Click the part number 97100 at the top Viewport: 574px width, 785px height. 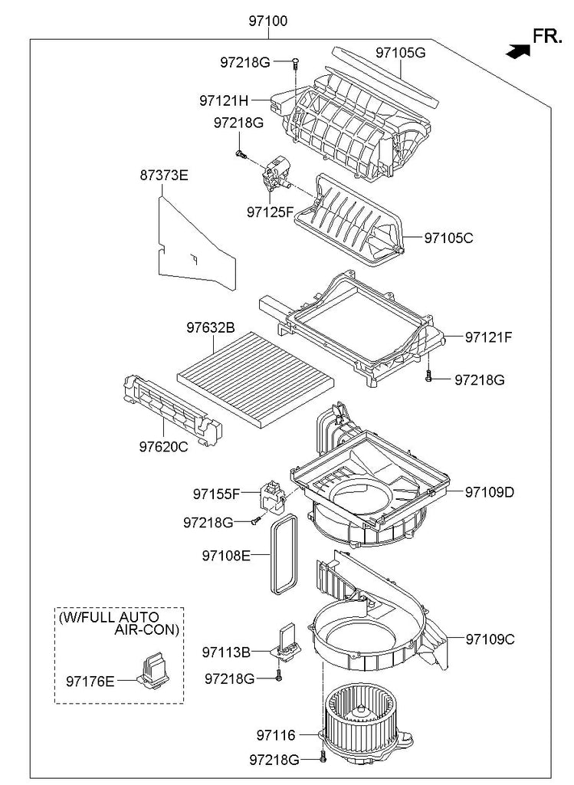tap(267, 21)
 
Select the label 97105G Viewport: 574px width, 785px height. tap(399, 53)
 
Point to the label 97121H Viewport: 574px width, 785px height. tap(224, 100)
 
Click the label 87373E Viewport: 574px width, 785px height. tap(163, 175)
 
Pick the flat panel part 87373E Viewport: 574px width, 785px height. tap(195, 245)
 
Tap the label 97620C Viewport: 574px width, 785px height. tap(162, 446)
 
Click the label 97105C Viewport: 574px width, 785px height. tap(448, 238)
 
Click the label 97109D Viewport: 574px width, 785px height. tap(489, 491)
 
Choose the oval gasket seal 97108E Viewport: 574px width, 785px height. tap(284, 553)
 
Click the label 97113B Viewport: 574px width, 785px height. tap(226, 652)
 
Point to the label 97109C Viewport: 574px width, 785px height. tap(489, 639)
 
